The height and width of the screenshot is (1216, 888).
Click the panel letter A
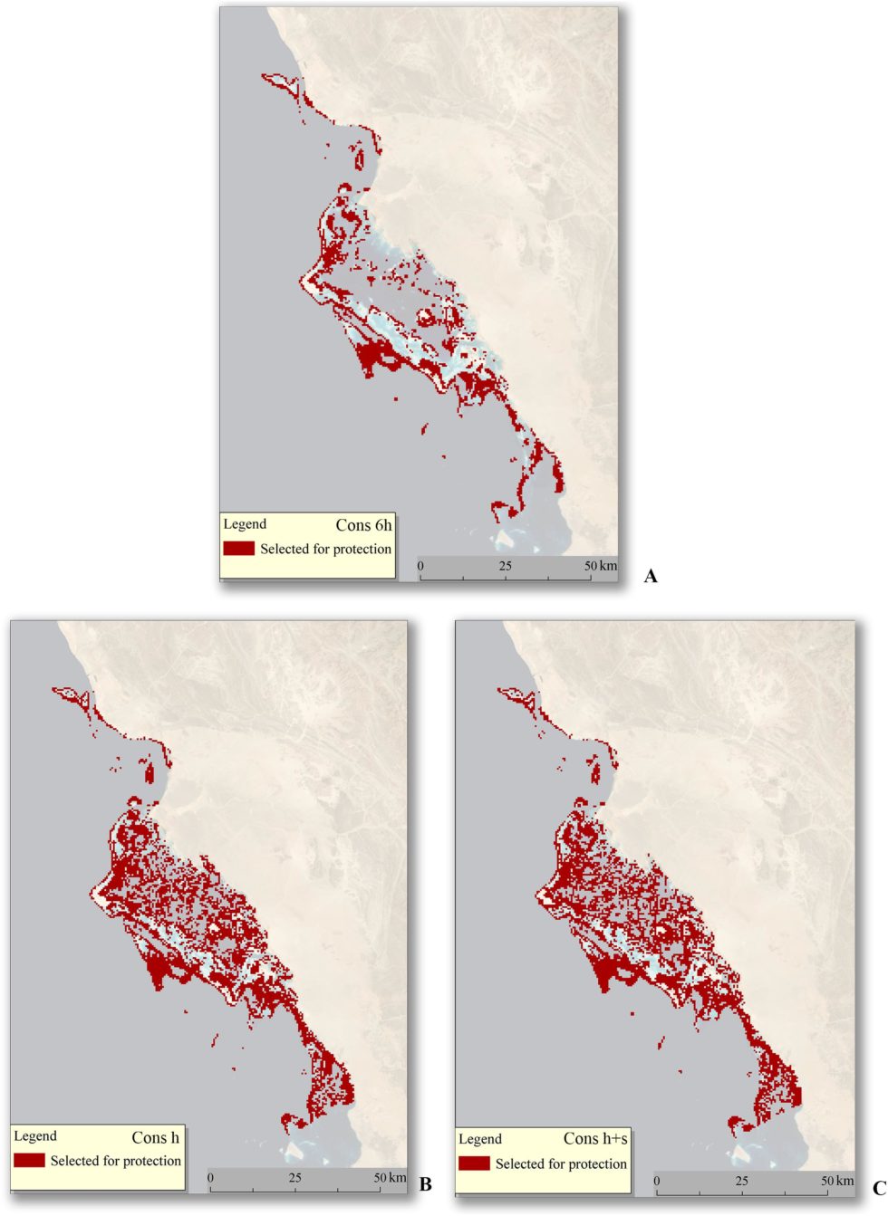coord(650,576)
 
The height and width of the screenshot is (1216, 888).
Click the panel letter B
coord(425,1184)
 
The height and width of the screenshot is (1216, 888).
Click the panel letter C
coord(878,1188)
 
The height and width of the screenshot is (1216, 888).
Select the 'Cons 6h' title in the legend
coord(363,525)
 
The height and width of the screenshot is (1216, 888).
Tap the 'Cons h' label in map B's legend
coord(155,1137)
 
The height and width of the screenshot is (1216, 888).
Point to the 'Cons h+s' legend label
coord(594,1138)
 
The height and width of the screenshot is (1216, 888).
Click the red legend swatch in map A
coord(239,549)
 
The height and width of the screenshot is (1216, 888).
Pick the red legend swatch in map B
coord(29,1161)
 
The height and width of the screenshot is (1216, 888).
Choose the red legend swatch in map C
coord(474,1163)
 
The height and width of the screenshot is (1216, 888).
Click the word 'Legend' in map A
coord(245,524)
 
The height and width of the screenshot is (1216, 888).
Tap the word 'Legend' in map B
coord(35,1136)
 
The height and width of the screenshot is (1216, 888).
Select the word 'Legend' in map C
coord(480,1139)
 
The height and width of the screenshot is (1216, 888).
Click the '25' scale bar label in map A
coord(505,566)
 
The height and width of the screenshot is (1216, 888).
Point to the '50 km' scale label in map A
coord(601,566)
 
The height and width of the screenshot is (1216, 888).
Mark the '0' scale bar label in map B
coord(210,1178)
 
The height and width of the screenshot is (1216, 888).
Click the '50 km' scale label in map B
coord(391,1178)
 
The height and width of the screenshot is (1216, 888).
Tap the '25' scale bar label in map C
coord(742,1181)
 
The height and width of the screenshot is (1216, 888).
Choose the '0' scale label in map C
coord(657,1181)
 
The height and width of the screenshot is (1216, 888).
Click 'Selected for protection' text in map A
coord(325,549)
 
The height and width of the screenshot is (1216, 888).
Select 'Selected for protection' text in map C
coord(561,1163)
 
